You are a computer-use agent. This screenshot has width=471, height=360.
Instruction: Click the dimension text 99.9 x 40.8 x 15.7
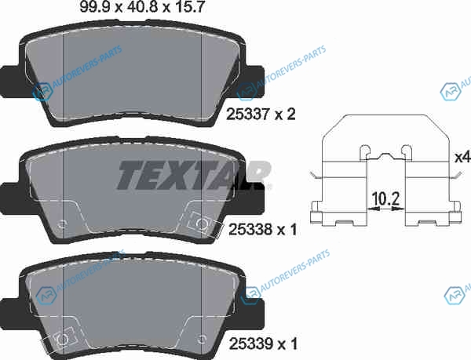[x=142, y=6]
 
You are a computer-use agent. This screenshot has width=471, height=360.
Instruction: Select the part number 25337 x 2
[x=261, y=115]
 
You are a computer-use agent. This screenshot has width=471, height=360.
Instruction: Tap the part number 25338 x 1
[x=263, y=230]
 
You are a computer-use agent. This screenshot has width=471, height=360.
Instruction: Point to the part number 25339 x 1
[x=263, y=344]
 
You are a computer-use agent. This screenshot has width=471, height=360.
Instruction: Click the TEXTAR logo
[x=195, y=175]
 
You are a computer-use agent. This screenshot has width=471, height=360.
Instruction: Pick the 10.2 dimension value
[x=385, y=199]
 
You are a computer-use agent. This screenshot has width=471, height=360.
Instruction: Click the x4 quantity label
[x=462, y=158]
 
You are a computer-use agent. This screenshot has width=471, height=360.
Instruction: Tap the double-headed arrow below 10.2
[x=386, y=209]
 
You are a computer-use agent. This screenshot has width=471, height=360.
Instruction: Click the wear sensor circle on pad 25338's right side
[x=202, y=224]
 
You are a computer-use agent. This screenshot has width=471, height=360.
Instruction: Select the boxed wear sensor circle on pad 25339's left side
[x=63, y=340]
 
